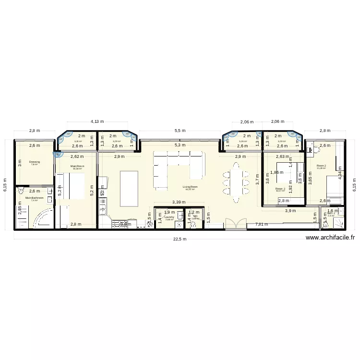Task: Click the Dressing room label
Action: coord(34,162)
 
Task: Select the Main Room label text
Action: coord(77,166)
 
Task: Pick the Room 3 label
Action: coord(280,189)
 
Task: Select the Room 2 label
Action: coord(321,166)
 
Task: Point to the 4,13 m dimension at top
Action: coord(97,122)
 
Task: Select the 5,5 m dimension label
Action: coord(180,131)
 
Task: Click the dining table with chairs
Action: coord(235,182)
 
